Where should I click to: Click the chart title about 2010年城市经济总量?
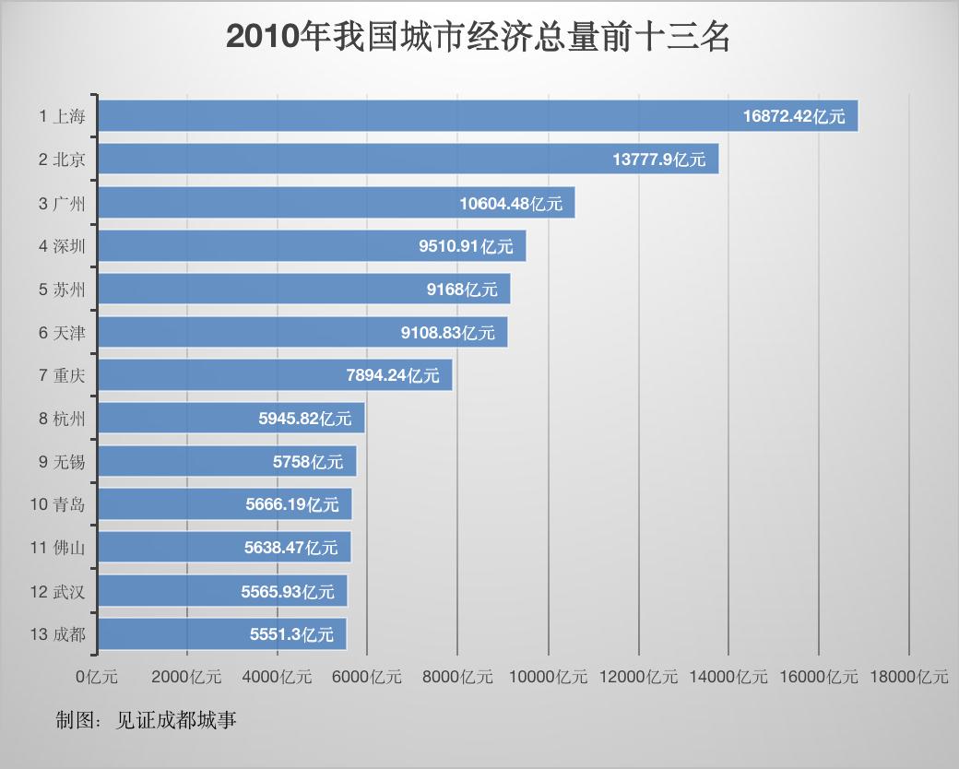coord(479,37)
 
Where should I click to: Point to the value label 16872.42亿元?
coord(794,116)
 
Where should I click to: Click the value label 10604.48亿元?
coord(511,203)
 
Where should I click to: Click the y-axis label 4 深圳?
coord(62,246)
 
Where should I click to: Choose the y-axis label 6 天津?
coord(62,333)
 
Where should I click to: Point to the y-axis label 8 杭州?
coord(62,419)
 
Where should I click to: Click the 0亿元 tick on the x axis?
coord(97,677)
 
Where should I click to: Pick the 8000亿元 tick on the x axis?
coord(457,677)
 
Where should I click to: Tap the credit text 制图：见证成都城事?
coord(146,720)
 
